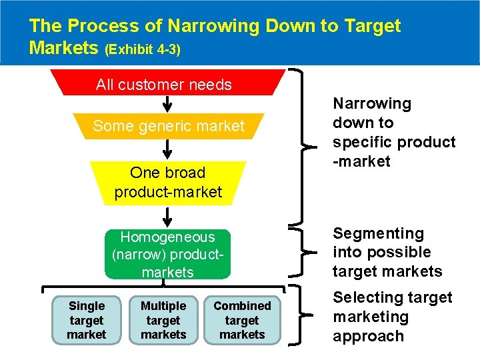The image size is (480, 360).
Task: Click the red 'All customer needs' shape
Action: [163, 85]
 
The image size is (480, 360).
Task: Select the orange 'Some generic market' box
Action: [169, 126]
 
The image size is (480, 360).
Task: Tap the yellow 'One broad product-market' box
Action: [168, 182]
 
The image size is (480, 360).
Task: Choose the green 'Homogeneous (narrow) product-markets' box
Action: [167, 254]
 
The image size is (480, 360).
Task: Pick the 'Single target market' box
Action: [87, 320]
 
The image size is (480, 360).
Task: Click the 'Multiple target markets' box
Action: [163, 320]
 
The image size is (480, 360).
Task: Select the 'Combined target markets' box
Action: [242, 320]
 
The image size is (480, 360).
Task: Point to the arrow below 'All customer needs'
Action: [167, 103]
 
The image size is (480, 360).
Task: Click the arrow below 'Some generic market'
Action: [167, 150]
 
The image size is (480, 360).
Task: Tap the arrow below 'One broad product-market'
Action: [167, 217]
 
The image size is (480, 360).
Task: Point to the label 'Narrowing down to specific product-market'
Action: [394, 132]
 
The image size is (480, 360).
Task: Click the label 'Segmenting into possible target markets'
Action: [387, 252]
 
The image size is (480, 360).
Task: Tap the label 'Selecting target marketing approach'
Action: [392, 317]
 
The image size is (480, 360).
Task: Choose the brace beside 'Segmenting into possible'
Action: [309, 251]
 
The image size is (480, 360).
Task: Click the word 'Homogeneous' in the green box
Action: [167, 237]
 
